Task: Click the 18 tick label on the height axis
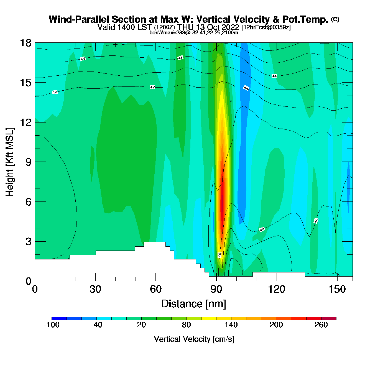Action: (x=25, y=43)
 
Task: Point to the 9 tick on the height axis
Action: (x=28, y=162)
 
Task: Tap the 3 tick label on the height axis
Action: (x=28, y=242)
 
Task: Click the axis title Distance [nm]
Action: (x=194, y=304)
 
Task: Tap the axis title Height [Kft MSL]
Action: (x=10, y=162)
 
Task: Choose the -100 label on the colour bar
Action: (x=52, y=325)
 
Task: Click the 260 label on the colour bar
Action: (x=321, y=325)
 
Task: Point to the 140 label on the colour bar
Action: (x=231, y=325)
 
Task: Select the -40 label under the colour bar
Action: (x=96, y=325)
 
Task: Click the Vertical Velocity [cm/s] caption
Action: (x=194, y=339)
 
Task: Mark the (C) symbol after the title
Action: (x=335, y=19)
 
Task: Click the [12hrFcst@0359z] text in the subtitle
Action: (x=266, y=27)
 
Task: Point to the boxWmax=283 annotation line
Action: (x=194, y=32)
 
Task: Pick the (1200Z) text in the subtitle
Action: (x=164, y=27)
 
